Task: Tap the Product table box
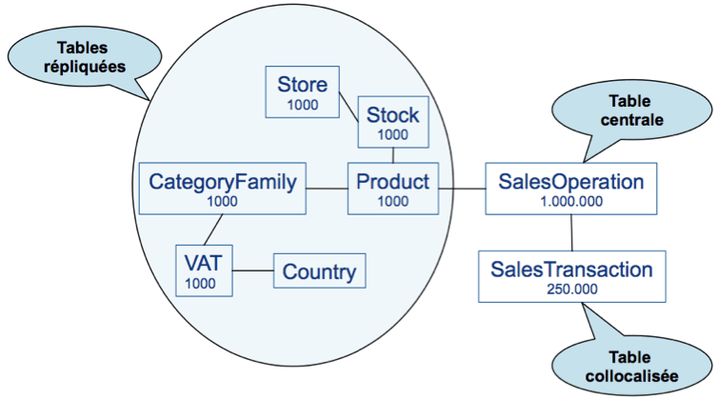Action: click(x=392, y=188)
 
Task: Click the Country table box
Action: click(x=319, y=272)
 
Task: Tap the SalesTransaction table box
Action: click(x=571, y=276)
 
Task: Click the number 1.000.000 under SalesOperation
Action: click(x=571, y=202)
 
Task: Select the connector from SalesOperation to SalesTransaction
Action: click(x=571, y=232)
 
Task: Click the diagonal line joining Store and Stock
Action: click(x=349, y=113)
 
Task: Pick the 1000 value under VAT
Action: click(x=200, y=283)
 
